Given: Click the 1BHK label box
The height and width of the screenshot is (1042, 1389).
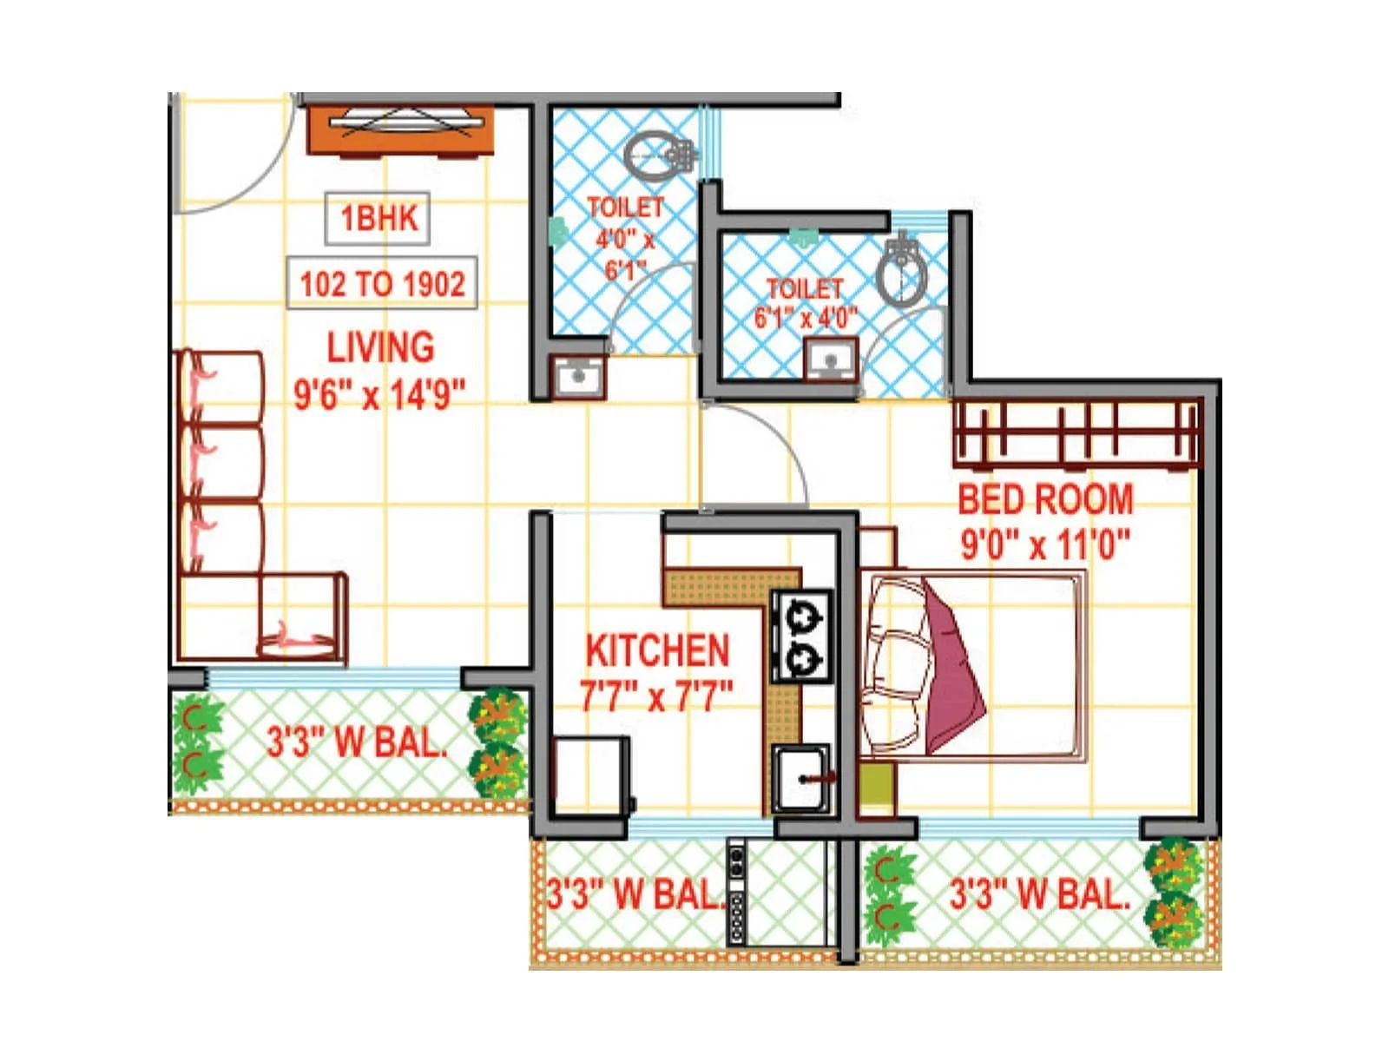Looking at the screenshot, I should (378, 218).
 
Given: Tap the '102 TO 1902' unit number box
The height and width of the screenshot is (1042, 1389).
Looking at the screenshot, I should (382, 283).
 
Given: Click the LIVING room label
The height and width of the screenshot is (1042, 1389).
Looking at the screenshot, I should (380, 347).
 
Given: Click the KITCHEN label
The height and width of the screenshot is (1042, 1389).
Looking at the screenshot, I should (657, 650).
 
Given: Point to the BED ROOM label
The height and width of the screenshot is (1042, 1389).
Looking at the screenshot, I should (1045, 499).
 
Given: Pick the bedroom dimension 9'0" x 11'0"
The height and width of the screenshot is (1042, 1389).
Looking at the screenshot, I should (1045, 544).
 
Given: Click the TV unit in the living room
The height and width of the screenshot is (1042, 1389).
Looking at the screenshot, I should (400, 130).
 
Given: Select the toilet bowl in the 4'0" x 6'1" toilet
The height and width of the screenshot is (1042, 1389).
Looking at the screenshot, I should (658, 156).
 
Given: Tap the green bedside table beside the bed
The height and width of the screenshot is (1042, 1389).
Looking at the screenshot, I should (877, 785).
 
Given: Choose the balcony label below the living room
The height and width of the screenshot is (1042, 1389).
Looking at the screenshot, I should (357, 742).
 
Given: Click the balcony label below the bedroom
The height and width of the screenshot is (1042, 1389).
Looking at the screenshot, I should (1038, 894).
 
